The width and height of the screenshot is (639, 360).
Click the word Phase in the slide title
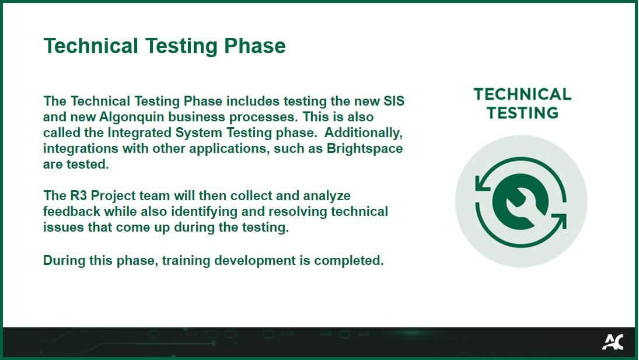pyautogui.click(x=256, y=46)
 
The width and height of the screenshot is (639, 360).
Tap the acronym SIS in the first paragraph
pyautogui.click(x=392, y=101)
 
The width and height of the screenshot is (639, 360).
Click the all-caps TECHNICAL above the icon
pyautogui.click(x=522, y=95)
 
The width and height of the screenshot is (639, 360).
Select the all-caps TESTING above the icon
pyautogui.click(x=522, y=112)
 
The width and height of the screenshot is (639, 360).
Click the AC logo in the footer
pyautogui.click(x=612, y=342)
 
